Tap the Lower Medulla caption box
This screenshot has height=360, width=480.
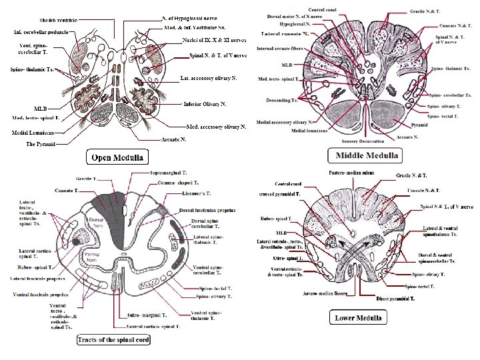click(x=359, y=317)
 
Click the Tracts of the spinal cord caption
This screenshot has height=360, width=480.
click(x=113, y=339)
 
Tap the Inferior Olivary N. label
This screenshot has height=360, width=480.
click(x=205, y=104)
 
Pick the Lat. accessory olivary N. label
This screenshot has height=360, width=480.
click(x=209, y=79)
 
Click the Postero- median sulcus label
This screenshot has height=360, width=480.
click(x=351, y=173)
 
